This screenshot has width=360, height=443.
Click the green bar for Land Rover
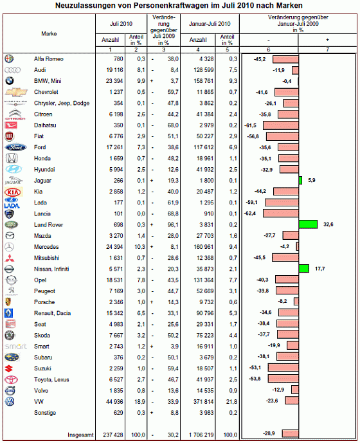[x=308, y=224]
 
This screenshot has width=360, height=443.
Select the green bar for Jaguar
[x=300, y=180]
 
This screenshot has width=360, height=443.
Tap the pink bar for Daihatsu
[x=280, y=125]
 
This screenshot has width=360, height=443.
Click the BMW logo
[x=10, y=81]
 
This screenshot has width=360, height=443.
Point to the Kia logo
[x=13, y=192]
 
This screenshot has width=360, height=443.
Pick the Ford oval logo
[x=16, y=147]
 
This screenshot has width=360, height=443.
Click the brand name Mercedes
[x=46, y=247]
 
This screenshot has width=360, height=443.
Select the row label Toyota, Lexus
[x=51, y=380]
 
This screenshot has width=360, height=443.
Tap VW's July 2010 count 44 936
[x=114, y=402]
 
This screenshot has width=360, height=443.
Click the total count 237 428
[x=113, y=435]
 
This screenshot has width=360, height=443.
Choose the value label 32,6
[x=328, y=224]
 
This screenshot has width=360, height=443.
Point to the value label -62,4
[x=250, y=213]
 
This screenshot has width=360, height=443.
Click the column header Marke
[x=49, y=33]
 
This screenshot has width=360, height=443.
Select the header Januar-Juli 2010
[x=210, y=24]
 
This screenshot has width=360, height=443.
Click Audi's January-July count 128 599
[x=203, y=70]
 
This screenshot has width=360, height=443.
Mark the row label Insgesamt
[x=80, y=435]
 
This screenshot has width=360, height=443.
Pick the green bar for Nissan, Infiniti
[x=304, y=269]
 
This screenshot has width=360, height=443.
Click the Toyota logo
[x=11, y=380]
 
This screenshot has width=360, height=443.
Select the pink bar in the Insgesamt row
[x=290, y=433]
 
